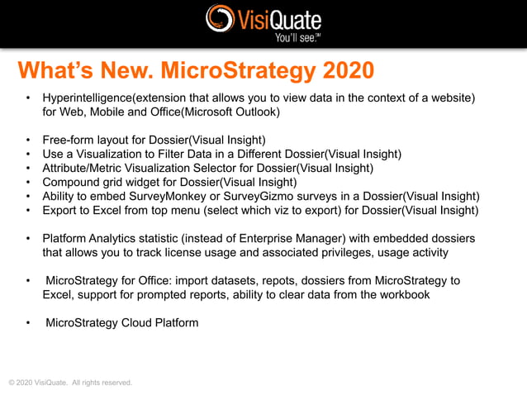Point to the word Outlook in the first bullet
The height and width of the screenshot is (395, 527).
tap(258, 111)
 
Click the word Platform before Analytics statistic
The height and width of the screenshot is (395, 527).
tap(66, 238)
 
